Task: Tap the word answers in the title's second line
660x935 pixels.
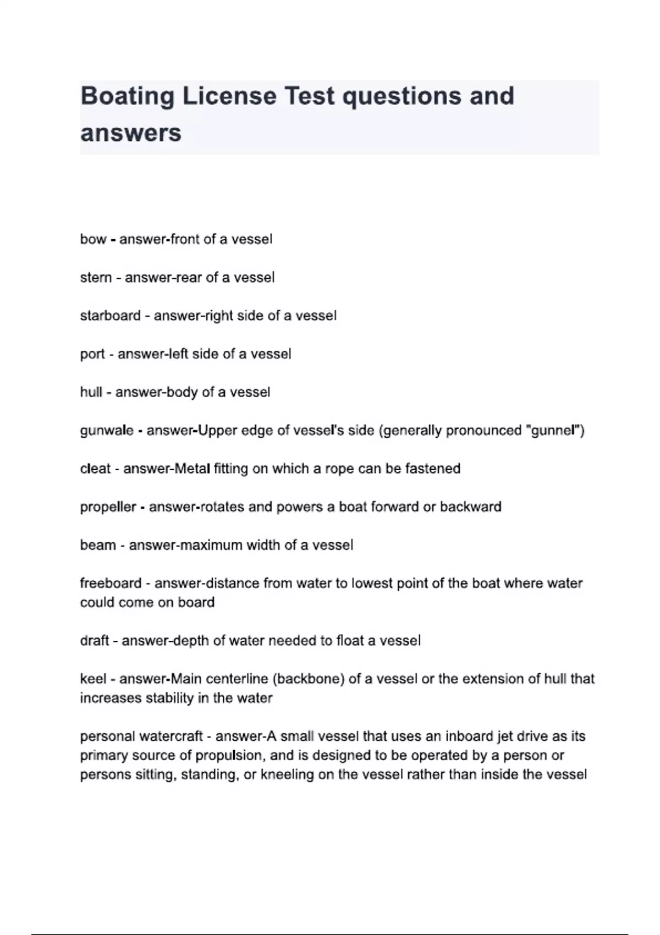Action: (x=131, y=133)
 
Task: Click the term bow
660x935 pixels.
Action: (x=93, y=239)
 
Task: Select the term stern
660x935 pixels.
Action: (x=96, y=278)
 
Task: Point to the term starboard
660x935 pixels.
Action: (x=110, y=316)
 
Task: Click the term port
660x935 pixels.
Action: (x=92, y=354)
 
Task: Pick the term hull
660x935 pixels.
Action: (x=91, y=392)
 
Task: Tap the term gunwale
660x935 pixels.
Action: (x=107, y=431)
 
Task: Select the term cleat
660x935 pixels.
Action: (x=95, y=469)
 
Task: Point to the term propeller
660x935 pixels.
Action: (x=108, y=507)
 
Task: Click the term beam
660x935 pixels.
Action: (x=98, y=545)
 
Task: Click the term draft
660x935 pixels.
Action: (x=94, y=641)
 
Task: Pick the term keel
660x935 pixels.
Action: (x=93, y=679)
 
